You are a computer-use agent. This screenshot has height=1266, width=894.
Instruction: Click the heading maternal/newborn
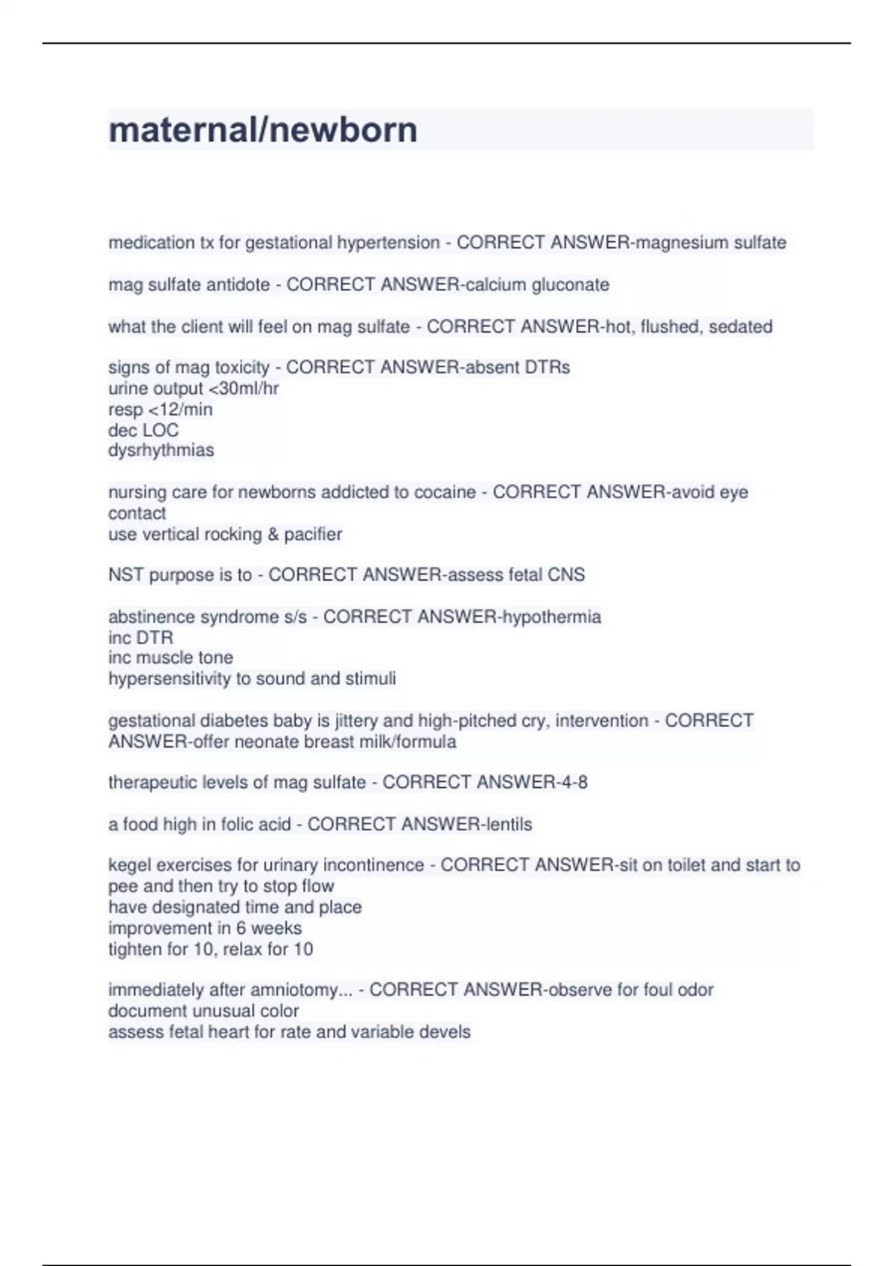click(263, 130)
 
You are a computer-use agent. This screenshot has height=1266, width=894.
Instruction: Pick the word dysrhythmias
click(161, 451)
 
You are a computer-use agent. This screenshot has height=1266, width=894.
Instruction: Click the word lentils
click(508, 824)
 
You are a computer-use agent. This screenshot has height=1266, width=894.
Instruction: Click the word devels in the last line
click(445, 1032)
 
